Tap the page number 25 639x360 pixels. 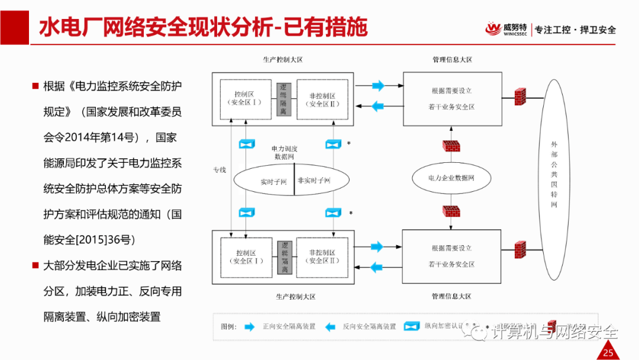[608, 353]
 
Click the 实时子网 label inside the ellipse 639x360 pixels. [273, 182]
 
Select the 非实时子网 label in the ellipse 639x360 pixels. [314, 180]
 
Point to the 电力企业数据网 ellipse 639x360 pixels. [451, 178]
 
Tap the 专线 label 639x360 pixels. [220, 170]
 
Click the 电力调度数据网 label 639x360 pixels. [283, 152]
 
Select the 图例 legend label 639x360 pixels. [228, 326]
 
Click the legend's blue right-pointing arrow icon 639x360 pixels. [250, 326]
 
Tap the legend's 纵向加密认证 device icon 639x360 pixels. [412, 326]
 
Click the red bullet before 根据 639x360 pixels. [35, 86]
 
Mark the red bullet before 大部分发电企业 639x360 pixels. [35, 265]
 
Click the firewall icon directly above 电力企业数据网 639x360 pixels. [451, 145]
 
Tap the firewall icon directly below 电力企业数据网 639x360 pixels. [451, 211]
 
